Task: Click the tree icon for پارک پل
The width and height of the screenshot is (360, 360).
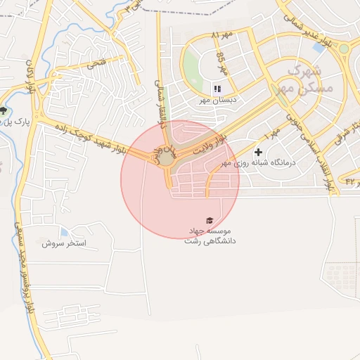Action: pos(6,110)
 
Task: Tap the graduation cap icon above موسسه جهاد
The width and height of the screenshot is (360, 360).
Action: pos(208,221)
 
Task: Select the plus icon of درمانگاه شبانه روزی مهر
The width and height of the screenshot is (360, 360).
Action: pos(258,152)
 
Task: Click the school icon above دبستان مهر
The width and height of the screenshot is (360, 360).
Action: pos(217,89)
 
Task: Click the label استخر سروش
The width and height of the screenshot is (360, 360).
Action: pos(63,243)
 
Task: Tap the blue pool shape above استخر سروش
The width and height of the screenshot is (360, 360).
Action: pos(64,232)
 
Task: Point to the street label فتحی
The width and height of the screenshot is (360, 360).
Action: pos(96,64)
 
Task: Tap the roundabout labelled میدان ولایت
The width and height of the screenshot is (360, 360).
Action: pos(166,157)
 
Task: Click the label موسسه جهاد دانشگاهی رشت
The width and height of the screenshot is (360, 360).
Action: pos(210,236)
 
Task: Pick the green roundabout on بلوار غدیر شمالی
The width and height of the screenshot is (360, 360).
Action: pos(344,49)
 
